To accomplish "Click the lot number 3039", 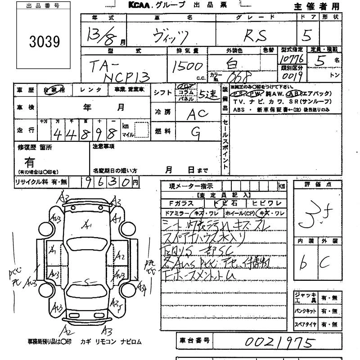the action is point(44,42).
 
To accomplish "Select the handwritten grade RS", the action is point(256,35).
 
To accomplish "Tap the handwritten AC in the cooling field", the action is point(197,114).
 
